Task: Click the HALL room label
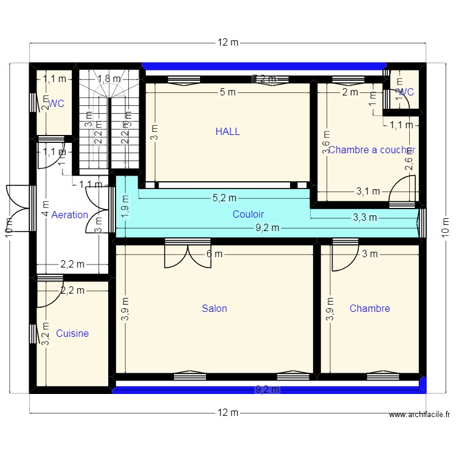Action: coord(227,131)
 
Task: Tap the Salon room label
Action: coord(214,308)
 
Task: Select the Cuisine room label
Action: coord(72,333)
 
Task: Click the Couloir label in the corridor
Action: coord(248,214)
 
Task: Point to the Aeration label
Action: coord(69,215)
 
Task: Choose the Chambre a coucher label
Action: coord(371,150)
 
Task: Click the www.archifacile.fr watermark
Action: coord(419,415)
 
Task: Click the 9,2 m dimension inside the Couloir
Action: coord(266,228)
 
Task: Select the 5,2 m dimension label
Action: coord(224,198)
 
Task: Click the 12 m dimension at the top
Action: coord(228,43)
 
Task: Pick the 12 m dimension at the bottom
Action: coord(228,413)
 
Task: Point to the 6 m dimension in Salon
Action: coord(214,254)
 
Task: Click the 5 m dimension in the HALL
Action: coord(227,92)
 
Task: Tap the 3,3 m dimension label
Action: coord(365,217)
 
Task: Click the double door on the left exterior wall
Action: coord(18,207)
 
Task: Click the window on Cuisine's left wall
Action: coord(33,334)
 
